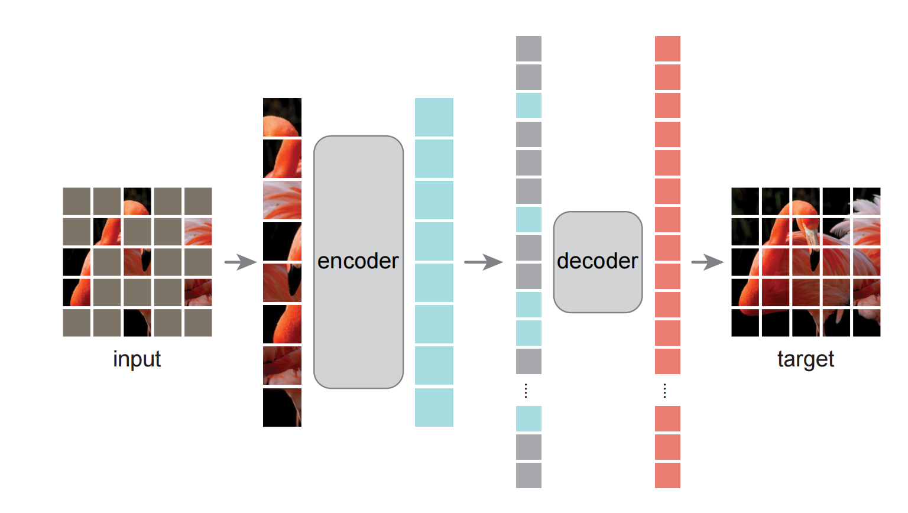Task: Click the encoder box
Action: pos(358,262)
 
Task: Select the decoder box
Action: pos(598,262)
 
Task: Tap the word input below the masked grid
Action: pos(137,359)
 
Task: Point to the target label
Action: pos(805,359)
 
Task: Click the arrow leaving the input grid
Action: pos(241,262)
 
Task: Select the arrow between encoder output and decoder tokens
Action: pos(483,262)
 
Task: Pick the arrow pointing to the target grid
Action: pos(707,262)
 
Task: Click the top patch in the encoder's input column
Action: pos(282,117)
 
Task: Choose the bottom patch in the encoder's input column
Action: pos(282,407)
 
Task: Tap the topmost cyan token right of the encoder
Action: pos(434,117)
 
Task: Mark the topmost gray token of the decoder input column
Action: pos(528,48)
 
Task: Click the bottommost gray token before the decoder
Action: pos(528,475)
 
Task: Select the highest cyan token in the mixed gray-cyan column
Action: pos(528,105)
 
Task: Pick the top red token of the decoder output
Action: pos(667,48)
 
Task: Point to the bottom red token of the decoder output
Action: pos(667,475)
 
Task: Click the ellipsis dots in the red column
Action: pos(665,391)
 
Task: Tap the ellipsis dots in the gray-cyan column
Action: pos(526,391)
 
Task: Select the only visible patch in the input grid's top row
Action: pos(137,201)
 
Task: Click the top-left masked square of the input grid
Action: pos(77,201)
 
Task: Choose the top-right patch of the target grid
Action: pos(866,201)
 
